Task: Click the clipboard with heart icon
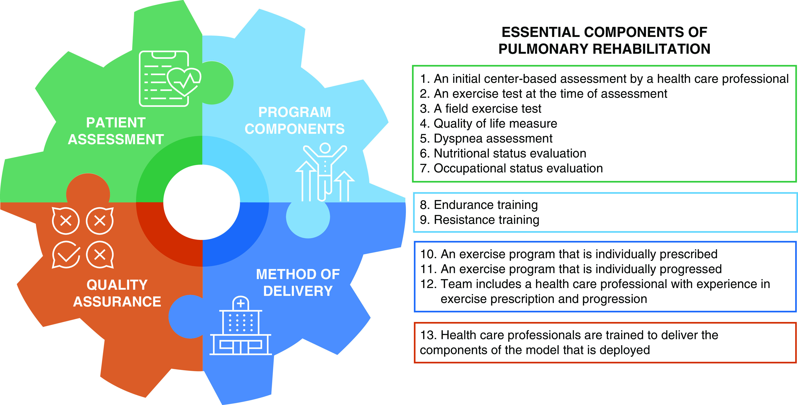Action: (170, 79)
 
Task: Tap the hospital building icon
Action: (241, 326)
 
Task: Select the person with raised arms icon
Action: (325, 172)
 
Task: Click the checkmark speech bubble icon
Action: (66, 254)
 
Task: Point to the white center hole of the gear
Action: (202, 202)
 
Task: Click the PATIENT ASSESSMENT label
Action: (116, 131)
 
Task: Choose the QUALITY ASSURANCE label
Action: (117, 293)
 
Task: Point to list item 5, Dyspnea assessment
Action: (486, 138)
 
